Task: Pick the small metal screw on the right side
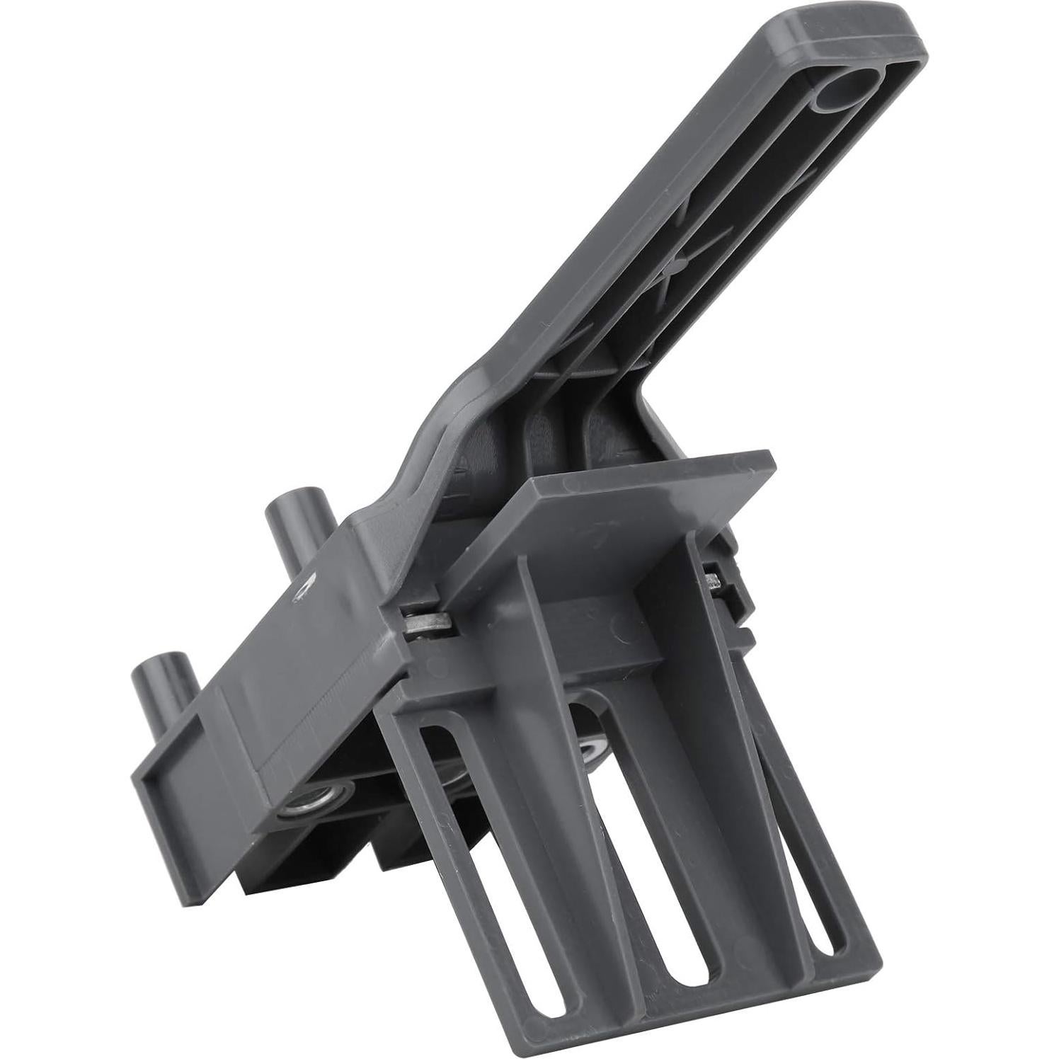(x=715, y=582)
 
